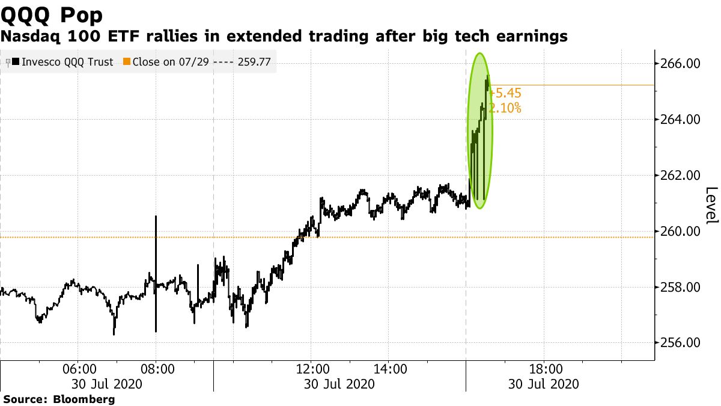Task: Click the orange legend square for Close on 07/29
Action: pyautogui.click(x=127, y=61)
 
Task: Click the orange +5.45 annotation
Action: pyautogui.click(x=506, y=94)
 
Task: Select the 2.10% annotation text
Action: pyautogui.click(x=505, y=109)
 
